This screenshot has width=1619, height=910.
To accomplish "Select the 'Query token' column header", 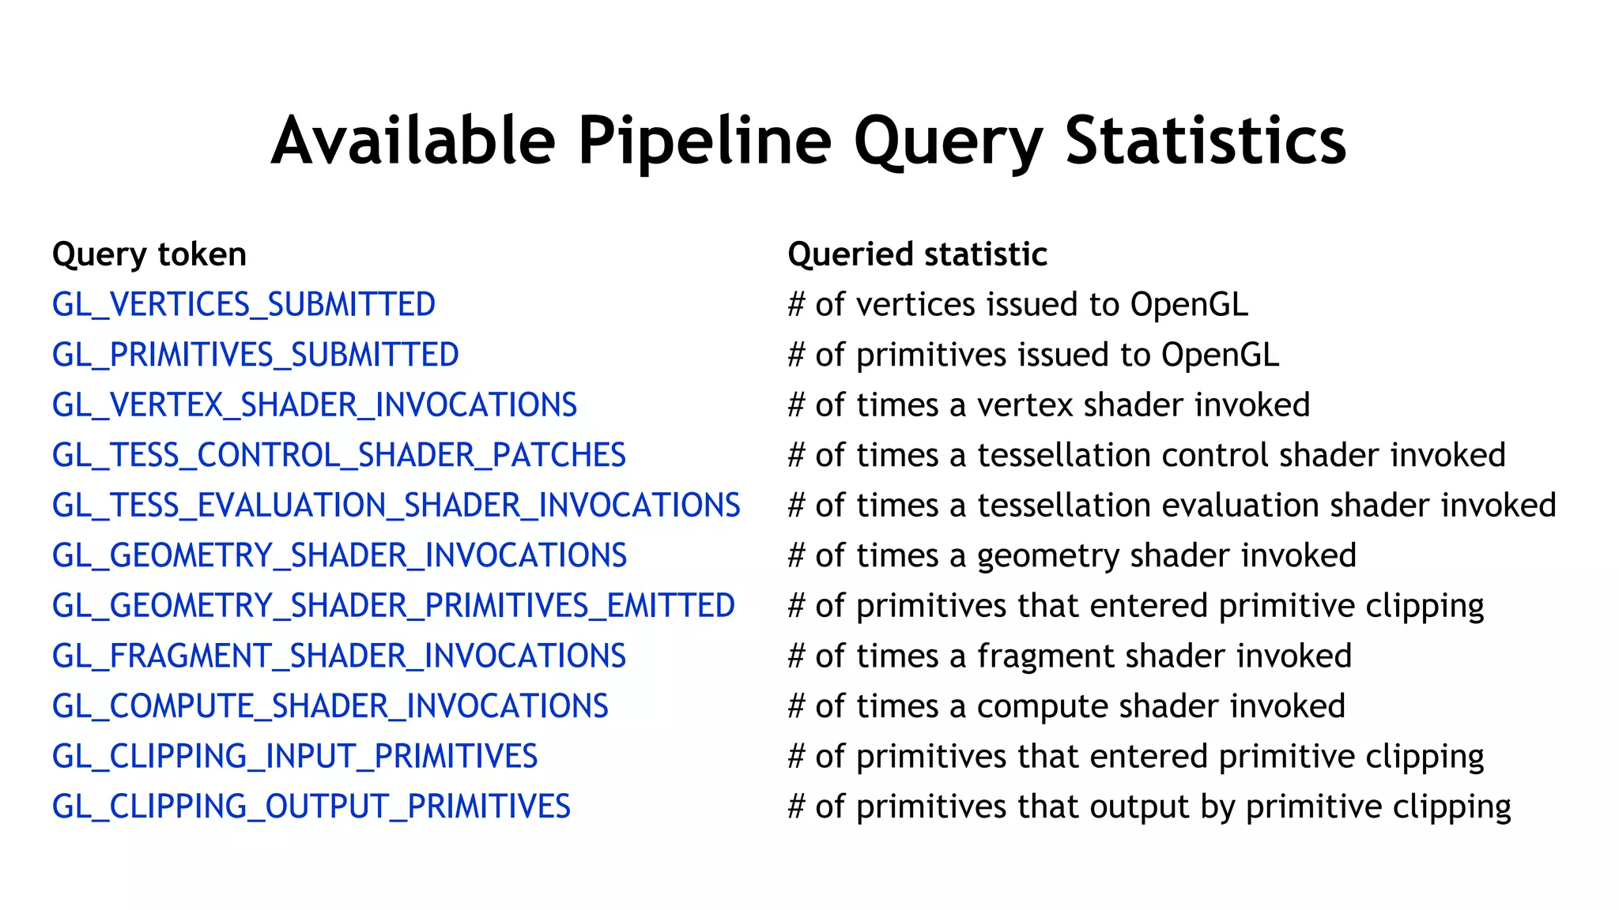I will pyautogui.click(x=149, y=254).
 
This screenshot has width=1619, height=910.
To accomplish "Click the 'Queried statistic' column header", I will pyautogui.click(x=917, y=254).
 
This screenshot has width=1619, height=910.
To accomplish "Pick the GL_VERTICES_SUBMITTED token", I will pyautogui.click(x=243, y=305).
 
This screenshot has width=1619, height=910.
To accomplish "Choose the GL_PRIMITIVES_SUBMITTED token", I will pyautogui.click(x=255, y=355).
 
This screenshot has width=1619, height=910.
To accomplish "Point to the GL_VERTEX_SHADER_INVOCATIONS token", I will pyautogui.click(x=315, y=405).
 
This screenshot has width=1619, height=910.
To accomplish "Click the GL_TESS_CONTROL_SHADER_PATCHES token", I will pyautogui.click(x=338, y=456).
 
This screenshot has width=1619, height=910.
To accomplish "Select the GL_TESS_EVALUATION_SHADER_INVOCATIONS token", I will pyautogui.click(x=396, y=506).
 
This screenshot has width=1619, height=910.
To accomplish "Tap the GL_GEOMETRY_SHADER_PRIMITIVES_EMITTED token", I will pyautogui.click(x=394, y=606).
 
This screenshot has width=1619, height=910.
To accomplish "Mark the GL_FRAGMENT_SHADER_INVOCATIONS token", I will pyautogui.click(x=338, y=656).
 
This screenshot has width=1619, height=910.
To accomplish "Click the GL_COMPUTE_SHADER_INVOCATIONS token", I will pyautogui.click(x=330, y=706).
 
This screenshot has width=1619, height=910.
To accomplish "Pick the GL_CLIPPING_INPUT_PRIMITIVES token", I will pyautogui.click(x=295, y=757).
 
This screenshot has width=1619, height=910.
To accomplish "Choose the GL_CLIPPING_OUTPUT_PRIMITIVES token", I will pyautogui.click(x=311, y=807).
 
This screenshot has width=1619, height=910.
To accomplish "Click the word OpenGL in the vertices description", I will pyautogui.click(x=1189, y=305).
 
